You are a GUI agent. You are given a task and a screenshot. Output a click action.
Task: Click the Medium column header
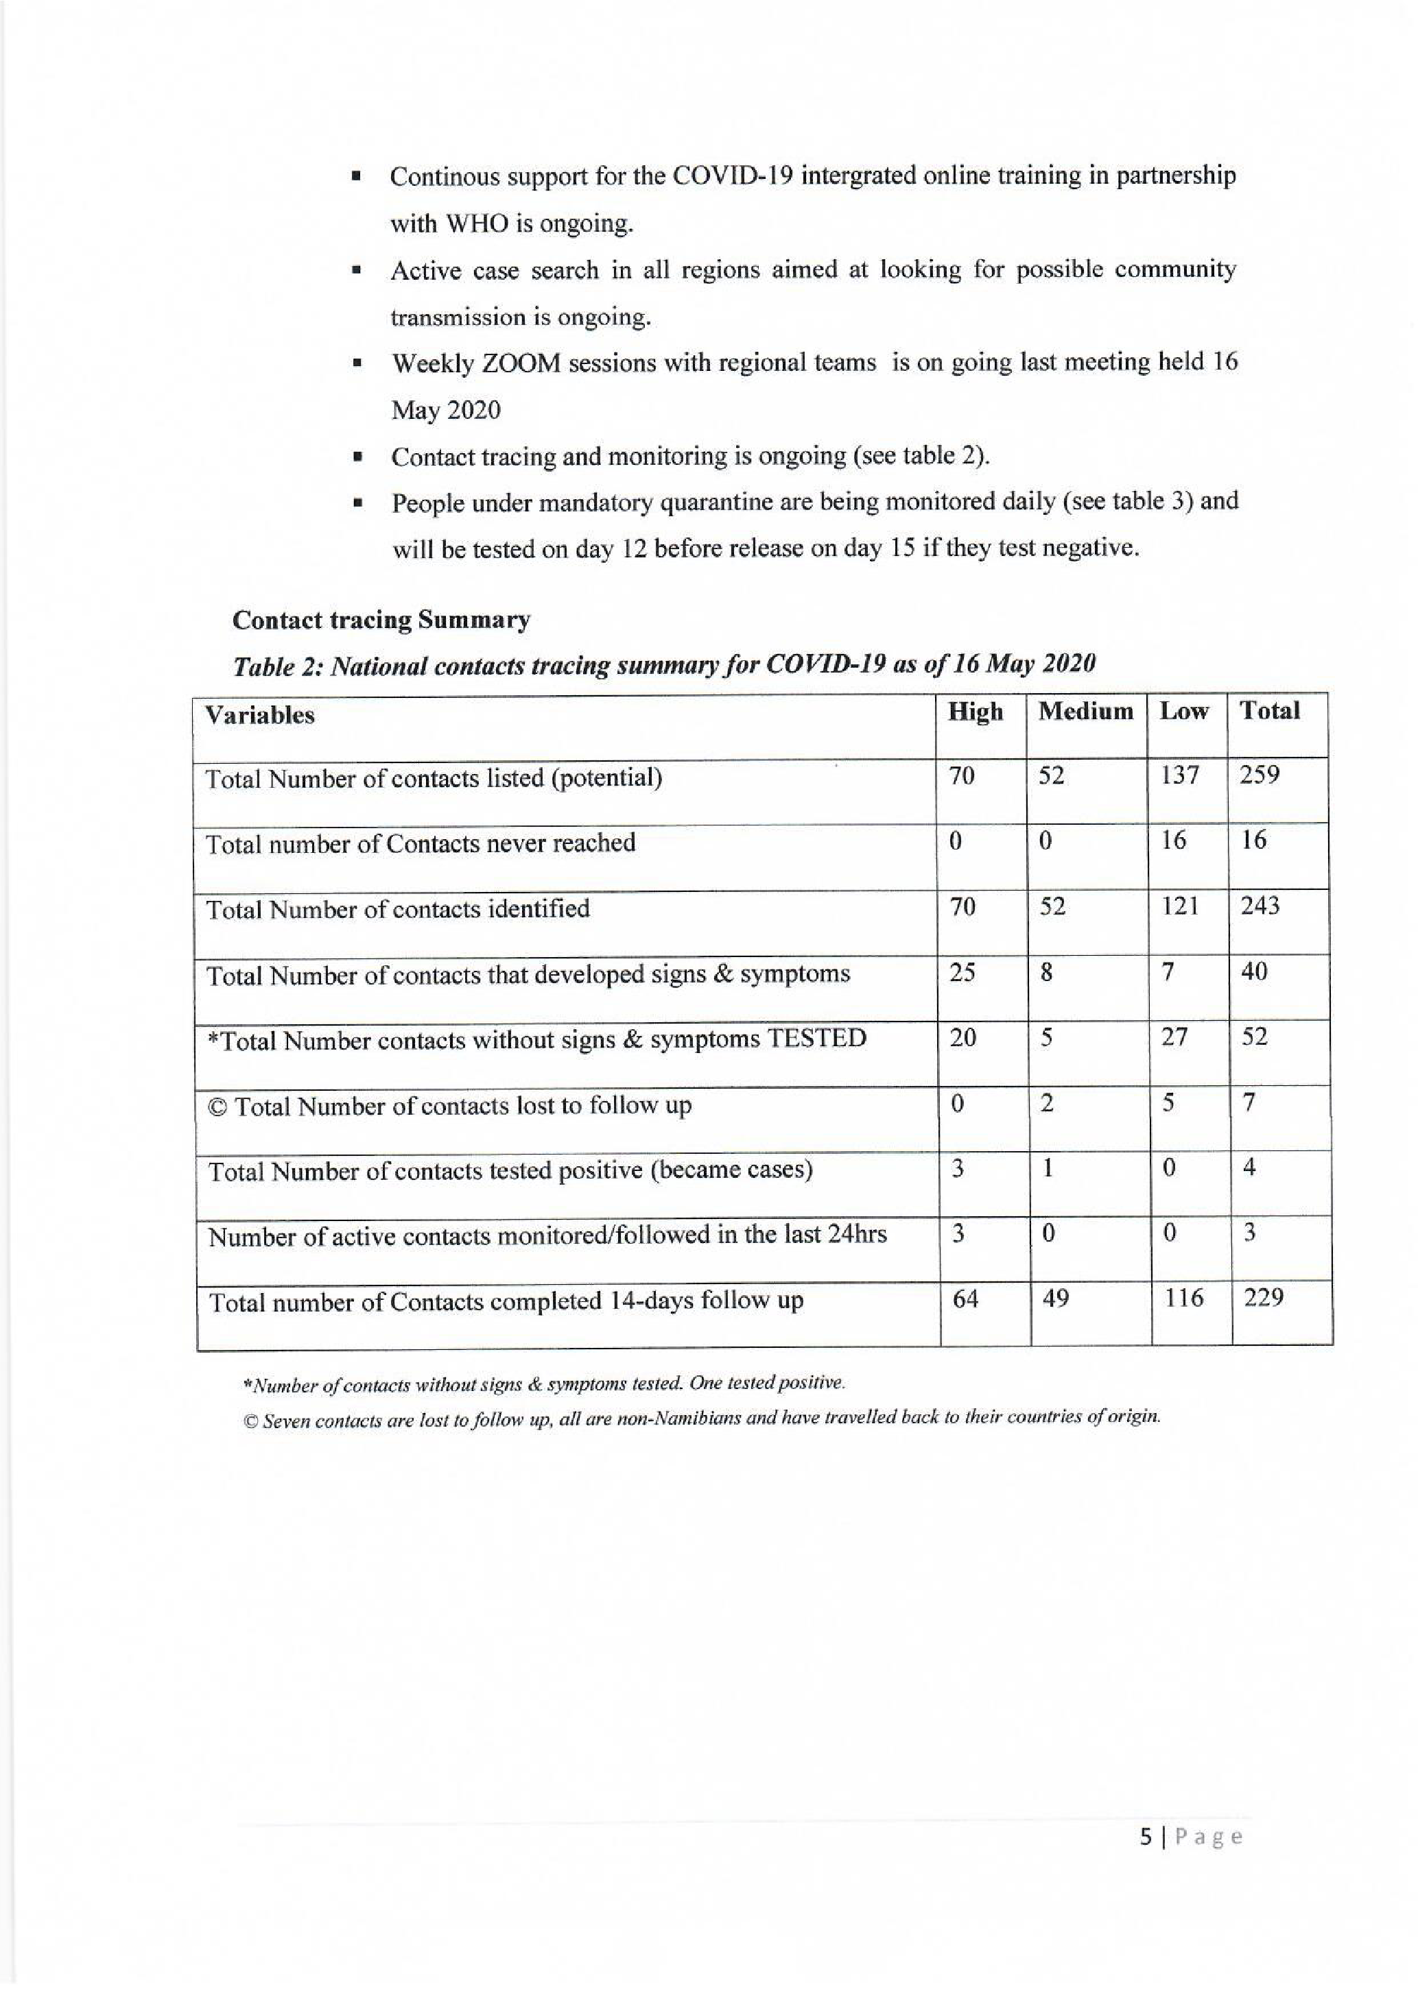coord(1085,712)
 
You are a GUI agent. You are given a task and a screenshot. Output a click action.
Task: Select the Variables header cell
coord(259,715)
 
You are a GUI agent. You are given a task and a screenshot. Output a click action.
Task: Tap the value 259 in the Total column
coord(1259,775)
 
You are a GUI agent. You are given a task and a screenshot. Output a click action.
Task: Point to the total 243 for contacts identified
coord(1260,906)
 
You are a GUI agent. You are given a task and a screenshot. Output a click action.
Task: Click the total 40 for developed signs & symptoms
coord(1254,971)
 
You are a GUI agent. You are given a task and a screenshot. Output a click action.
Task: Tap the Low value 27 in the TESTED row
coord(1174,1038)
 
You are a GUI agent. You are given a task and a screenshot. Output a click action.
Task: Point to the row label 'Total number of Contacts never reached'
coord(420,843)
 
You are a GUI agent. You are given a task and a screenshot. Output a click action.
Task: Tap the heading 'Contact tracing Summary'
coord(381,620)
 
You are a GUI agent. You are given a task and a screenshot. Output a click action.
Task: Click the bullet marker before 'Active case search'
coord(356,271)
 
